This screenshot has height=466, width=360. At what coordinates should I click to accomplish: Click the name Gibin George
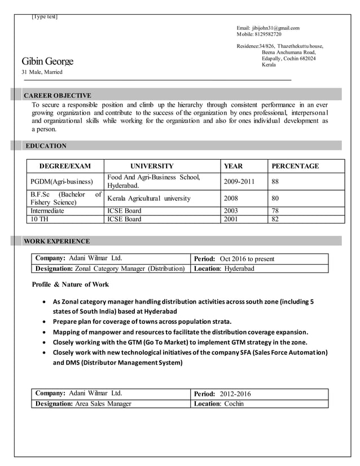coord(47,61)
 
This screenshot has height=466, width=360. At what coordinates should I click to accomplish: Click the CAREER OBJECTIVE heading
coord(57,95)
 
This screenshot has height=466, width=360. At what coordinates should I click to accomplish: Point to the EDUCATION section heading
coord(45,146)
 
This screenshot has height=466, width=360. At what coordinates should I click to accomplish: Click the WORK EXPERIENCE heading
coord(56,241)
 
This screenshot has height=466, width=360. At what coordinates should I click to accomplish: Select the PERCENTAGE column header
coord(295,166)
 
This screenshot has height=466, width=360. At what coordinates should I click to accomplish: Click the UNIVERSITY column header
coord(152,166)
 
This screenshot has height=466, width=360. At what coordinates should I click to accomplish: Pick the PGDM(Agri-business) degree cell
coord(62,182)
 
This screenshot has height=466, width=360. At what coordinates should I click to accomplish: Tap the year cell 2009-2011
coord(239,182)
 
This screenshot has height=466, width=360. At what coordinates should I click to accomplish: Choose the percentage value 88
coord(275,182)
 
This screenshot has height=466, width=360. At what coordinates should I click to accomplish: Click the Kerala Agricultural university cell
coord(149,199)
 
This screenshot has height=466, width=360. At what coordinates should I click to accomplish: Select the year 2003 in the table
coord(232,211)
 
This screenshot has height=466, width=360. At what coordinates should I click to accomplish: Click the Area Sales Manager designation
coord(103,403)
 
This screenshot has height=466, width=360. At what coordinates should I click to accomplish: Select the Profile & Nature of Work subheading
coord(71,284)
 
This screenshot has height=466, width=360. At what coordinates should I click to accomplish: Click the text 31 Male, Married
coord(42,72)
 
